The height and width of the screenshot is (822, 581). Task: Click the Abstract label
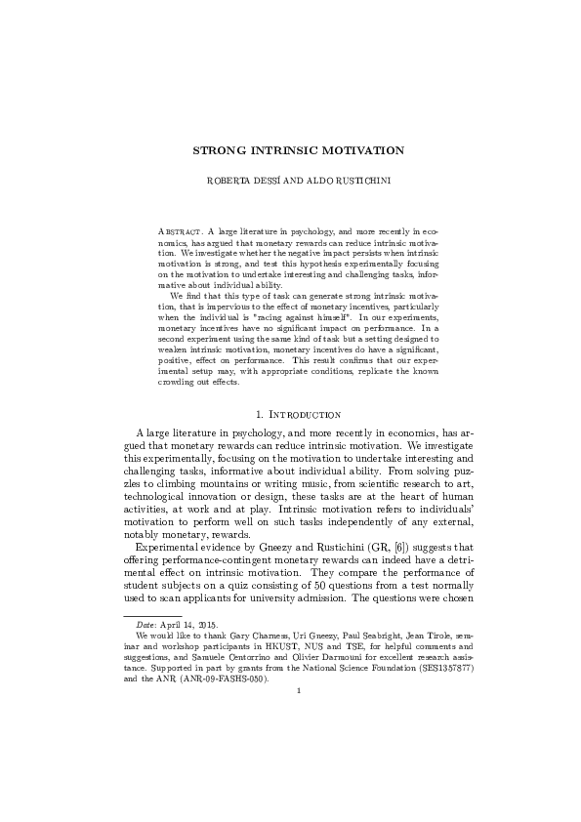click(x=179, y=230)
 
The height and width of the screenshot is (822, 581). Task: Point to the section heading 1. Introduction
click(x=290, y=415)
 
